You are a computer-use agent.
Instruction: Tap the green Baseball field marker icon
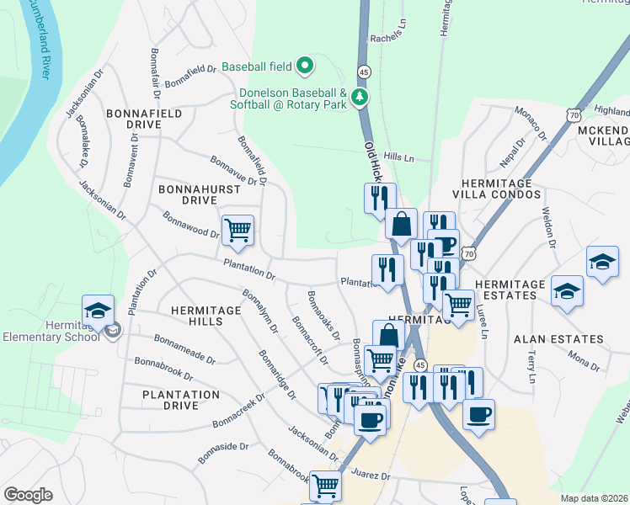306,66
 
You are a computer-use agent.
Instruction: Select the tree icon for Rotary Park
360,97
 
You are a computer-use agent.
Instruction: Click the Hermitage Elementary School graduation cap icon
98,311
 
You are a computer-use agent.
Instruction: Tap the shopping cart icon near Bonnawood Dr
238,230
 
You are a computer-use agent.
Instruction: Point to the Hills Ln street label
399,157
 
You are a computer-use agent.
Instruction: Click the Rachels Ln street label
388,39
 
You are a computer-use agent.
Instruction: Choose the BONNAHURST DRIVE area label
199,195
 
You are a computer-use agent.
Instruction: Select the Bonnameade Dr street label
184,348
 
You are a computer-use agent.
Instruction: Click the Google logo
28,495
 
